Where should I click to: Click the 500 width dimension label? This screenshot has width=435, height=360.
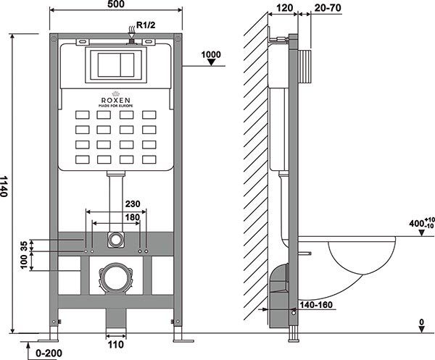pos(117,4)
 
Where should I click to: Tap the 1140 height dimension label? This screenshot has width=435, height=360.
pos(4,186)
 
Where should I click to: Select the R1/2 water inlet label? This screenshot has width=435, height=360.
pos(146,25)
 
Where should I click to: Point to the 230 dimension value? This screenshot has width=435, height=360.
pos(133,204)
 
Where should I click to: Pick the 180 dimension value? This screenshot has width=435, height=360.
pos(133,217)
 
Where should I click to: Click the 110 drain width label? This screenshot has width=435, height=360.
pos(116,345)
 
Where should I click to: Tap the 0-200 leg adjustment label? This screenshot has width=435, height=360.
pos(49,353)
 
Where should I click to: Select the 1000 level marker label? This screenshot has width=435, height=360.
pos(211,54)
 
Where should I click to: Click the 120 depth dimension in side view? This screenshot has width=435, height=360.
pos(285,8)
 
